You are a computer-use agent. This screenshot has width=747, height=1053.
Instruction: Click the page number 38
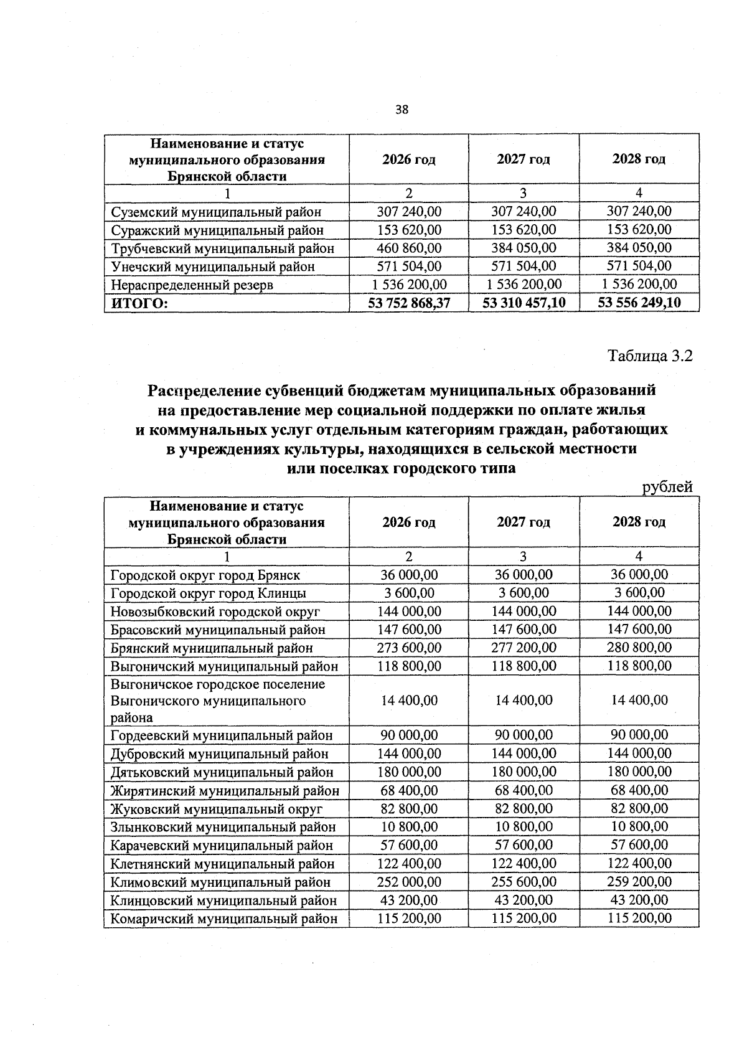[x=402, y=110]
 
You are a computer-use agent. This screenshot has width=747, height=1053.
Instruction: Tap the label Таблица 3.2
[x=650, y=356]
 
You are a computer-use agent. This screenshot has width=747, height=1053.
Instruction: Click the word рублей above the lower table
[x=667, y=487]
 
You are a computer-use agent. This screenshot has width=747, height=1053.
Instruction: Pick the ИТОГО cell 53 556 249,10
[x=639, y=303]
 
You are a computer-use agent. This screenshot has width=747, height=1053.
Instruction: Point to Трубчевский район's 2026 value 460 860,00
[x=409, y=248]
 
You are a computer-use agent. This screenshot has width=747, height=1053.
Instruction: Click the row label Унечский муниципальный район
[x=212, y=267]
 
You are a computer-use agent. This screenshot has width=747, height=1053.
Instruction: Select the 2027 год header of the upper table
[x=524, y=159]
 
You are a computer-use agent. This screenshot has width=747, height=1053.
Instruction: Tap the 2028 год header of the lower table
[x=639, y=522]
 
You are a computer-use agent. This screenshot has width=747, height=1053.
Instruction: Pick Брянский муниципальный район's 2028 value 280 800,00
[x=639, y=648]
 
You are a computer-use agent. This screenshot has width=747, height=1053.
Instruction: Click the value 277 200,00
[x=524, y=648]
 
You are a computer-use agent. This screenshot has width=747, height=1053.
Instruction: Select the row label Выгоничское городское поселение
[x=218, y=684]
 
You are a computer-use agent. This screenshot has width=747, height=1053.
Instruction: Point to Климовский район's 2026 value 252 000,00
[x=409, y=882]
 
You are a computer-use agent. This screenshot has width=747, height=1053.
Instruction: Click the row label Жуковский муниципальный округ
[x=217, y=809]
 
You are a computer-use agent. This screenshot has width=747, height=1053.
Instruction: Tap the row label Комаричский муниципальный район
[x=224, y=918]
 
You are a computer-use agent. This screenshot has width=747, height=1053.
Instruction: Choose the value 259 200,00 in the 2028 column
[x=639, y=882]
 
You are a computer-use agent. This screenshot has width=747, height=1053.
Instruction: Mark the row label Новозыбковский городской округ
[x=215, y=611]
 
